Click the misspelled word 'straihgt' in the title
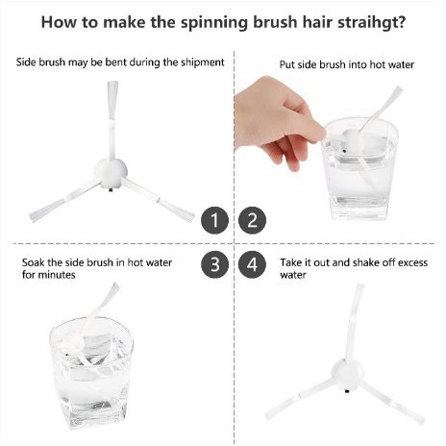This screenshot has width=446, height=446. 360,23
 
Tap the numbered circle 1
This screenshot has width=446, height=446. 214,220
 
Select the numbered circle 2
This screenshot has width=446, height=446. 253,220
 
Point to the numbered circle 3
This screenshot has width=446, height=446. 214,264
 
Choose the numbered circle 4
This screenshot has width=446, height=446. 253,264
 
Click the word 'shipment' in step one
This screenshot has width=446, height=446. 203,62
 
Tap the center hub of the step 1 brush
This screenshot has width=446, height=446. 111,173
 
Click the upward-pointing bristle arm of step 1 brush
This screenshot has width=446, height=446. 112,120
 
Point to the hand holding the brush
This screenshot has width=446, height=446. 276,122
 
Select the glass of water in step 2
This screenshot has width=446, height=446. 359,168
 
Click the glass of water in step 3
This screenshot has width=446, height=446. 91,373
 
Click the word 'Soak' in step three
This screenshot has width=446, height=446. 34,262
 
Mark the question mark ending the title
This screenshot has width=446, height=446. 400,22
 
